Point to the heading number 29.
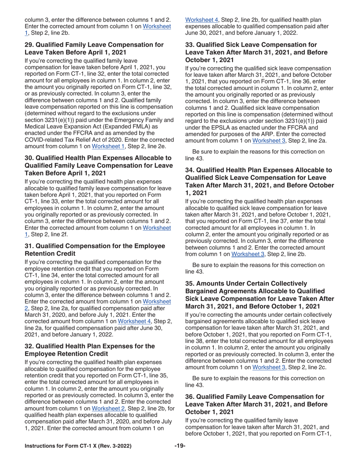pos(29,45)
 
